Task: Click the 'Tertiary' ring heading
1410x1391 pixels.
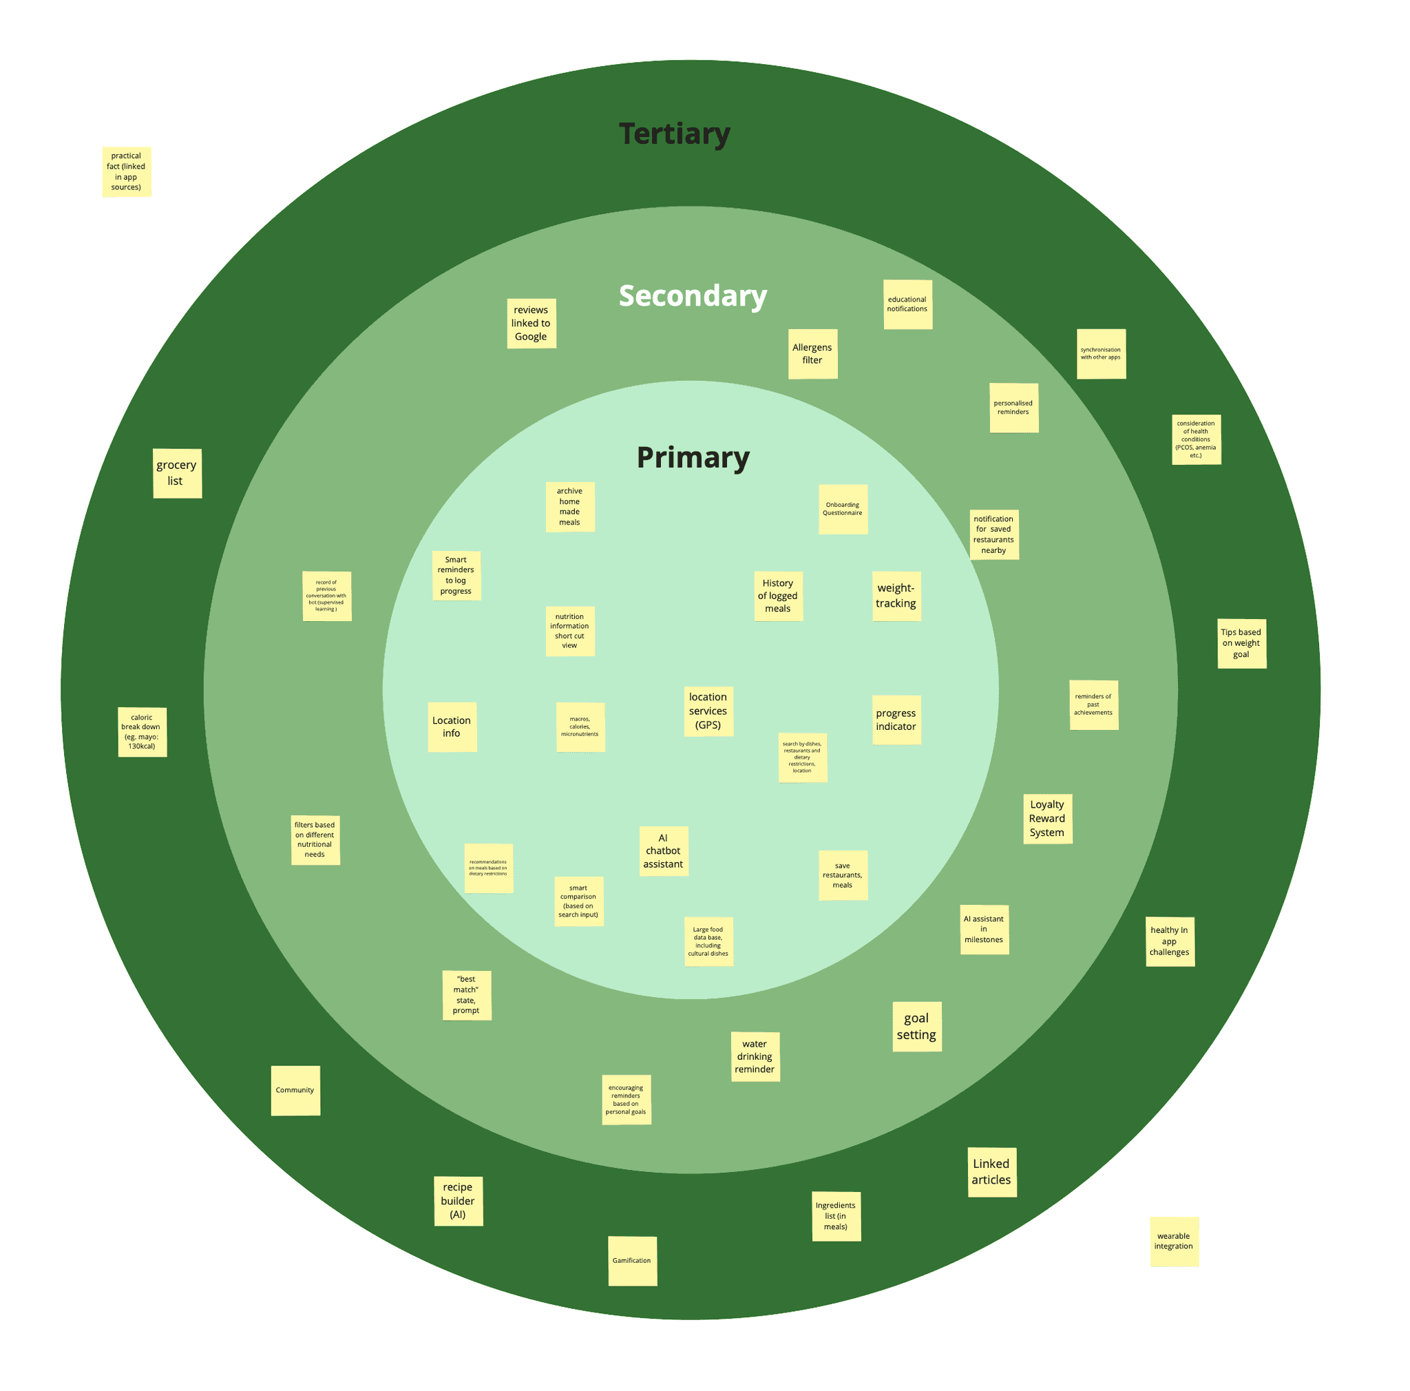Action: [674, 134]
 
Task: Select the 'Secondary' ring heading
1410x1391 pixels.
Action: [693, 295]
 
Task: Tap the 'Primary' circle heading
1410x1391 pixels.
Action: [693, 458]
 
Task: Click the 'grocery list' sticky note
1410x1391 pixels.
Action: [178, 473]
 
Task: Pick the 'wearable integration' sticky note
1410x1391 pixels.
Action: [1174, 1241]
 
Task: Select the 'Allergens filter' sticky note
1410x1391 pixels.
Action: [812, 354]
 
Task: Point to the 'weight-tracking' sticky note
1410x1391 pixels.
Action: [896, 596]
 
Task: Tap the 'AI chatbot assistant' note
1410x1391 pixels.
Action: [664, 850]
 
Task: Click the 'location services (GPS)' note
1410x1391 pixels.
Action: [708, 711]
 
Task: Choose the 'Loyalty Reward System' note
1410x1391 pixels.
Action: [1047, 818]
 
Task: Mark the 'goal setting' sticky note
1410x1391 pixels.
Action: [916, 1026]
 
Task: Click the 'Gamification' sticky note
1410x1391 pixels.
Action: [632, 1260]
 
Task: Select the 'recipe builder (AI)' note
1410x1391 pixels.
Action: [458, 1200]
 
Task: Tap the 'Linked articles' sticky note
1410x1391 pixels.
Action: [992, 1171]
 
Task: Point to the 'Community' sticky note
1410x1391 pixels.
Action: [295, 1090]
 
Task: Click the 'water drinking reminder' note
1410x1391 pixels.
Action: [755, 1056]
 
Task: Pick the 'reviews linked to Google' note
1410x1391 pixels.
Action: [532, 323]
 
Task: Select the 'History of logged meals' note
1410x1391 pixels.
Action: [778, 596]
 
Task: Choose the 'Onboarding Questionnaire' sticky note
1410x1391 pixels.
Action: [843, 509]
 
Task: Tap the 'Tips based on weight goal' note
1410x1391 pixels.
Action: [1241, 643]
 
